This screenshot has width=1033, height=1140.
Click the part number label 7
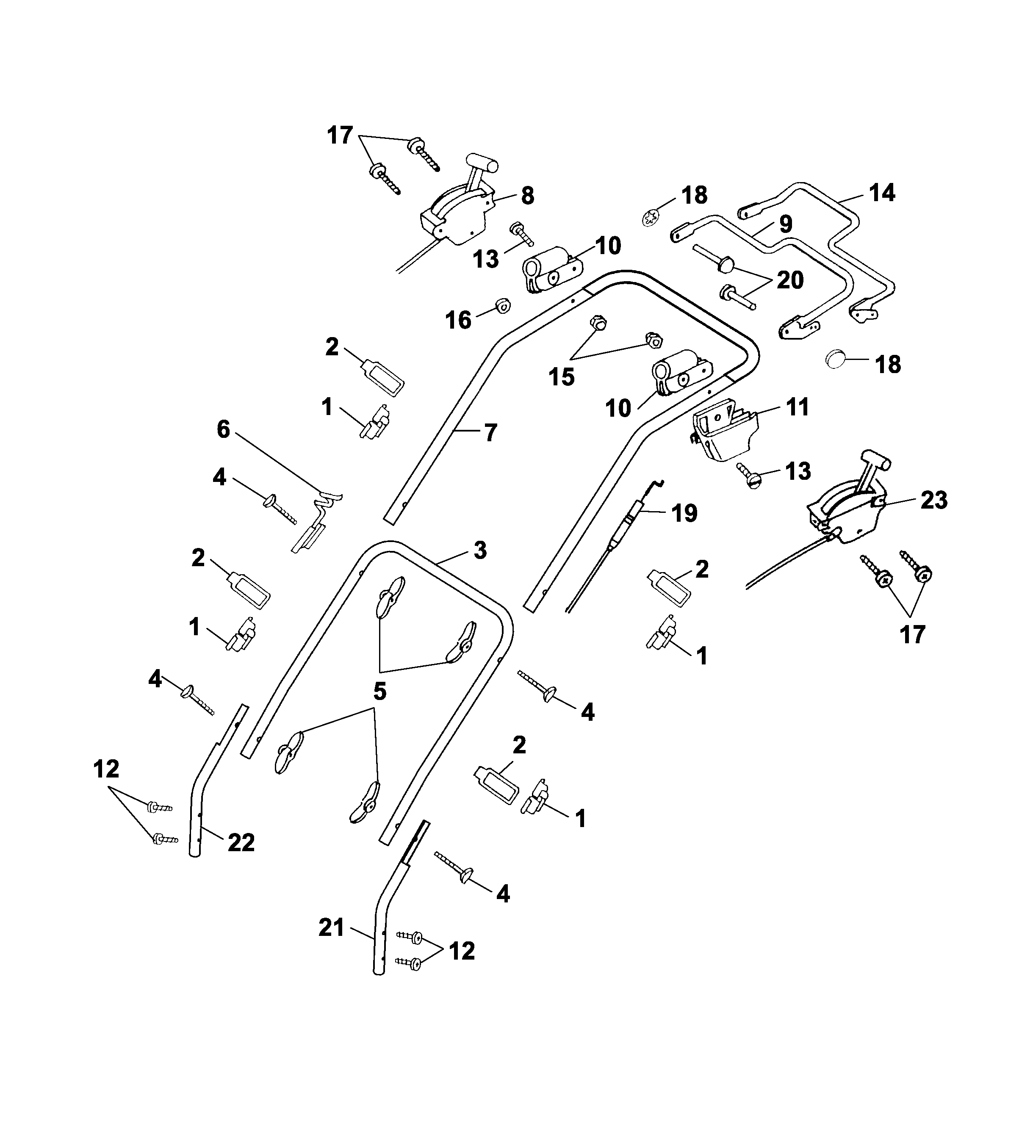click(490, 433)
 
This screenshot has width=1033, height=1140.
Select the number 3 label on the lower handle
click(480, 550)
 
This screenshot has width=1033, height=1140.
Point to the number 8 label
click(527, 196)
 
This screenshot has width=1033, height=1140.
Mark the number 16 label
click(458, 320)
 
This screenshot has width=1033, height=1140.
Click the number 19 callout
click(684, 513)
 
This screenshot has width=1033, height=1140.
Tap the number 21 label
click(331, 927)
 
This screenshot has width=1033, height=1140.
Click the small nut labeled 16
click(501, 306)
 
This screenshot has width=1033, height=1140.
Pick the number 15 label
click(562, 376)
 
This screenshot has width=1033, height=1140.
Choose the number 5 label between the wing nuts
click(379, 691)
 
